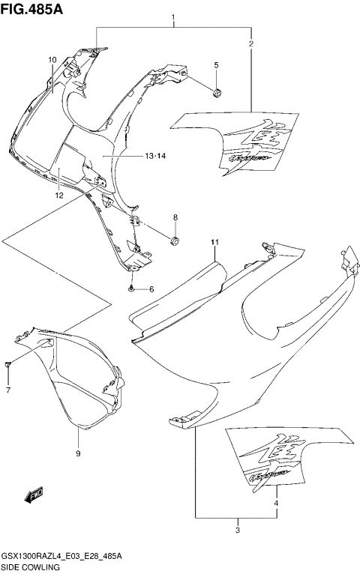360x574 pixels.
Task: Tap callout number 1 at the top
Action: point(173,16)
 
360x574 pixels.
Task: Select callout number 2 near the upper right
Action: point(251,44)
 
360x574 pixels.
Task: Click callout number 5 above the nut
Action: point(216,66)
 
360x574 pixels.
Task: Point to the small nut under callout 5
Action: point(216,91)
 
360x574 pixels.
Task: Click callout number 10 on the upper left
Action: point(52,59)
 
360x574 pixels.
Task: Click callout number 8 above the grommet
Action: point(175,217)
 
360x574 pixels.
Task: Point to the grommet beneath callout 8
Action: point(175,241)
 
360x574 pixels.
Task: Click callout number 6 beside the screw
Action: point(151,289)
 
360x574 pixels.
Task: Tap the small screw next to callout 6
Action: point(132,288)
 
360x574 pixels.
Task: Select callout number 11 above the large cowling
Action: point(214,242)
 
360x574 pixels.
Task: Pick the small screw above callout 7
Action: point(8,364)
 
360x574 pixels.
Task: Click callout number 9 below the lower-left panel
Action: point(78,454)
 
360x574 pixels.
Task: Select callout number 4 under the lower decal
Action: point(276,504)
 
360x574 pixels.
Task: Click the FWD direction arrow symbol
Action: point(34,495)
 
